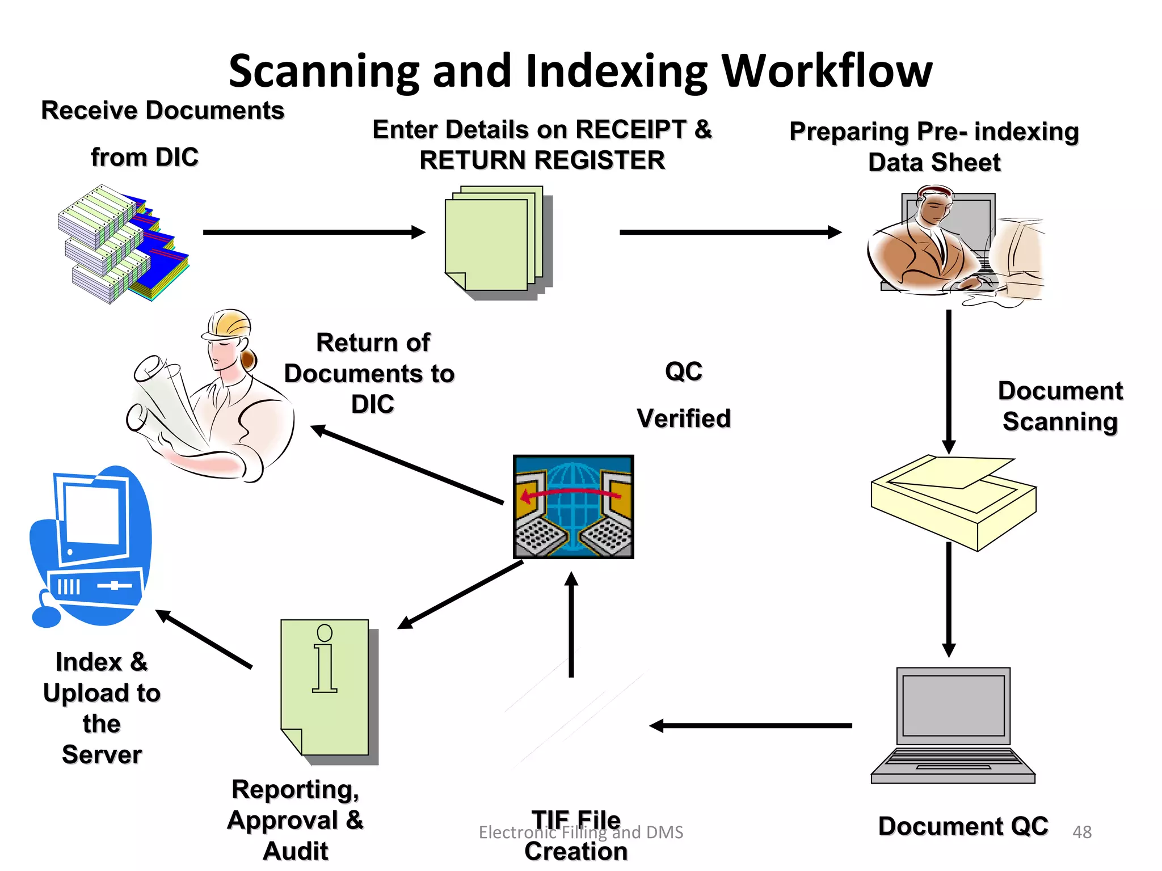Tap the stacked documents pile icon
pos(122,244)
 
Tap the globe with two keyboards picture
pos(573,506)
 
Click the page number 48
pos(1082,832)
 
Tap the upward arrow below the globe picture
pos(571,624)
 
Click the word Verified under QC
pos(684,418)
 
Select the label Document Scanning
pos(1060,406)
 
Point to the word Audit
pos(296,851)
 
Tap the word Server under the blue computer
pos(102,754)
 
